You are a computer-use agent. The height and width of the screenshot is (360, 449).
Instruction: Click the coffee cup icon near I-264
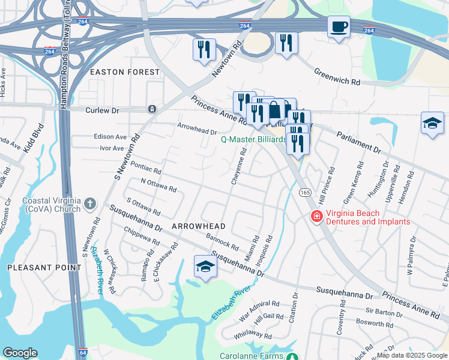tap(339, 27)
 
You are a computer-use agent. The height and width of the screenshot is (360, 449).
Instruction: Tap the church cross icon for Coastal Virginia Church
tap(89, 203)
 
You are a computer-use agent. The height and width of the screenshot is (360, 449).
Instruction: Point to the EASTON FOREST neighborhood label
tap(125, 72)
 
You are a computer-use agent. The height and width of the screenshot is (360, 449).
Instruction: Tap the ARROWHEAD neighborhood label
tap(198, 226)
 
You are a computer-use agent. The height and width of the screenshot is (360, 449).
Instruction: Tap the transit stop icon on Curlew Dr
tap(152, 109)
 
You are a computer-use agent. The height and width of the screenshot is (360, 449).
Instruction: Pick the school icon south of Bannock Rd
tap(205, 266)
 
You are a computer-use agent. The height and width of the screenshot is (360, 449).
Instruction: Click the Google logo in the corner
tap(20, 353)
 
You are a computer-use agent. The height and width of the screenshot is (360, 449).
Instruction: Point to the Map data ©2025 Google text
tap(412, 355)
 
